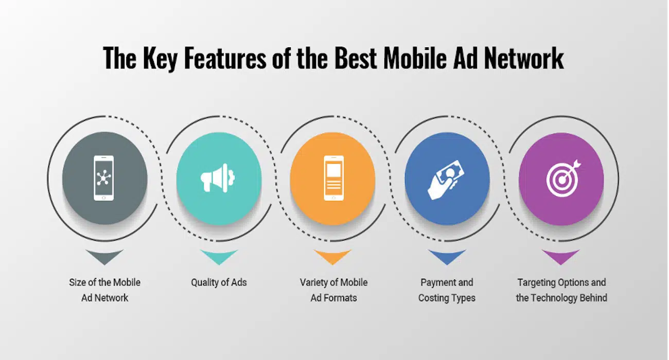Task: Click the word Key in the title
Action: (160, 59)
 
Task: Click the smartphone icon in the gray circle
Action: (103, 178)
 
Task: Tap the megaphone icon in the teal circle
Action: (218, 178)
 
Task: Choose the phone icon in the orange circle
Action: (333, 178)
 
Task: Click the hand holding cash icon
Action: (447, 180)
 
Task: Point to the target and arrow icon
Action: (564, 178)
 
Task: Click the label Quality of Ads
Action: (219, 282)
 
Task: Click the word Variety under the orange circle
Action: (313, 283)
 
